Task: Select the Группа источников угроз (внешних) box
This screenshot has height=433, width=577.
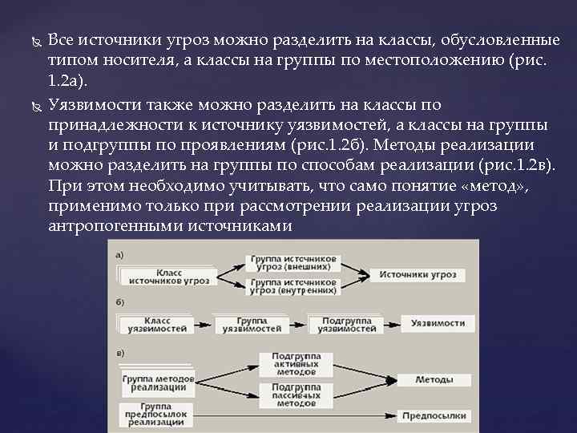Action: click(x=293, y=264)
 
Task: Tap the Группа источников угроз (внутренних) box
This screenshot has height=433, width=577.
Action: click(x=293, y=286)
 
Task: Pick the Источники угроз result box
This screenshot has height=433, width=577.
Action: click(x=418, y=275)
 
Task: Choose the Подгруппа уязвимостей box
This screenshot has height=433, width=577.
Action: click(x=345, y=323)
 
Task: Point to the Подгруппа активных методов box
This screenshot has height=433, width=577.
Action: click(x=296, y=364)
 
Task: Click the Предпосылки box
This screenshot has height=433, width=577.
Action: click(x=434, y=417)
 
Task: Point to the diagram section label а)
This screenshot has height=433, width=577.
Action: click(x=119, y=255)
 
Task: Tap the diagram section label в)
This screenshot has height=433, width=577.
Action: click(x=119, y=353)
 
